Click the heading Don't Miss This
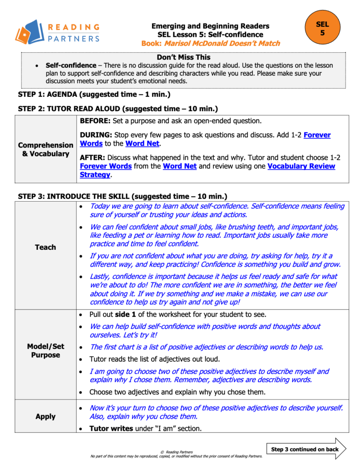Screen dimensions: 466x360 click(183, 57)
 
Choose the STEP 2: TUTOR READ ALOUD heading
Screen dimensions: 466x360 click(118, 109)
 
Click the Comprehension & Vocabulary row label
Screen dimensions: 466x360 click(46, 149)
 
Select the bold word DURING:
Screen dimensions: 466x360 click(96, 135)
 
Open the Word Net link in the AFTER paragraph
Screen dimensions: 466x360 click(180, 166)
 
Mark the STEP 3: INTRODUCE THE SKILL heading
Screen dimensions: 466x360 click(122, 197)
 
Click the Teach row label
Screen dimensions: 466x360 click(46, 247)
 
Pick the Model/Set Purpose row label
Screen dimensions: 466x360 click(46, 350)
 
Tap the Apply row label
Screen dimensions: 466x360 click(46, 416)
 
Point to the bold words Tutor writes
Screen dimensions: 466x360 click(111, 428)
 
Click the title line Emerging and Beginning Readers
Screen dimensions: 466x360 click(210, 26)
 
